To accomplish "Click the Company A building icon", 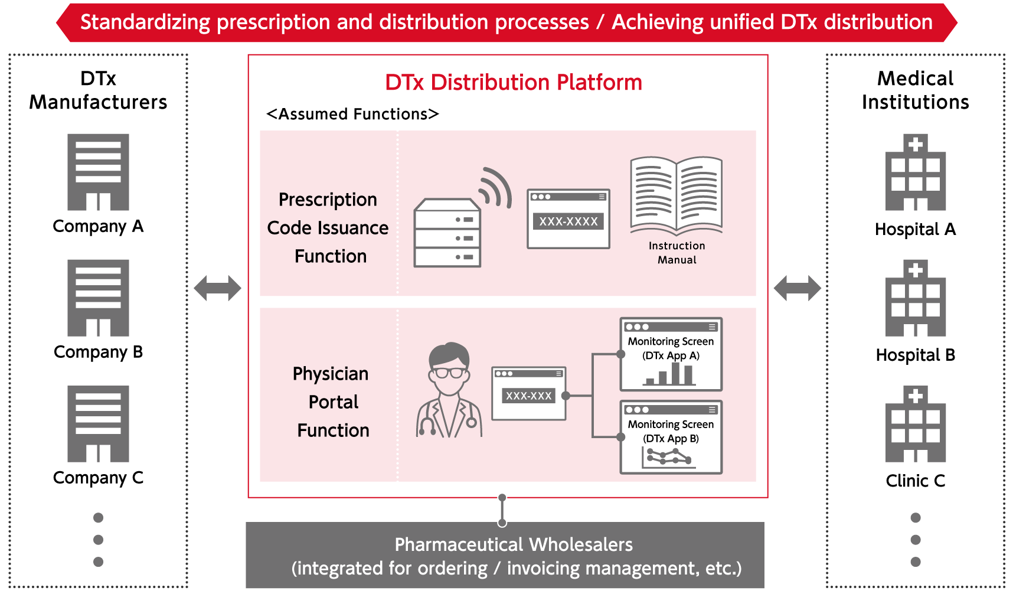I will pyautogui.click(x=98, y=172).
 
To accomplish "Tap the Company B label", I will pyautogui.click(x=98, y=352).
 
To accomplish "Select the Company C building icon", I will pyautogui.click(x=98, y=423).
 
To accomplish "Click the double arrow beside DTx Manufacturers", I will pyautogui.click(x=217, y=288).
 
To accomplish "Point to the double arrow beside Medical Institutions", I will pyautogui.click(x=797, y=288).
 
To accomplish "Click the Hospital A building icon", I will pyautogui.click(x=915, y=172).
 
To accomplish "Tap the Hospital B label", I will pyautogui.click(x=915, y=355).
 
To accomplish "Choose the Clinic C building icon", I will pyautogui.click(x=915, y=424).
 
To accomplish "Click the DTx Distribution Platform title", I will pyautogui.click(x=513, y=82).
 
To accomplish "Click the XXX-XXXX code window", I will pyautogui.click(x=568, y=218).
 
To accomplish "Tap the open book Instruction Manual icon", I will pyautogui.click(x=677, y=194).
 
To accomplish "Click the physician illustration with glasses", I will pyautogui.click(x=449, y=390).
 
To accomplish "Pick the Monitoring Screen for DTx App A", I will pyautogui.click(x=671, y=354).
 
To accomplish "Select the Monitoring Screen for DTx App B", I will pyautogui.click(x=671, y=437).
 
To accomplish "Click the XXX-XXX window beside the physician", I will pyautogui.click(x=528, y=393).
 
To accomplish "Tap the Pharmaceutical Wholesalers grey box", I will pyautogui.click(x=505, y=555).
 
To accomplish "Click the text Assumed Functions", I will pyautogui.click(x=352, y=114).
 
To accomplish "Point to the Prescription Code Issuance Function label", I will pyautogui.click(x=328, y=228).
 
